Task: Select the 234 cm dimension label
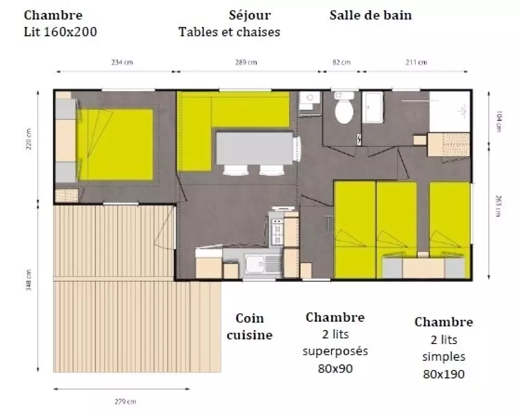[122, 63]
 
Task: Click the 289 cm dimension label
[246, 63]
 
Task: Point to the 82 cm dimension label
[341, 63]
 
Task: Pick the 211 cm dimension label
[416, 63]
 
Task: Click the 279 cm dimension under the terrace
[122, 401]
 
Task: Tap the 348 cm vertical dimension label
[29, 280]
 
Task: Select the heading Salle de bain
[371, 15]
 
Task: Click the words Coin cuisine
[250, 326]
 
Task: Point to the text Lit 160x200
[61, 32]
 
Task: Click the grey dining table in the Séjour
[254, 148]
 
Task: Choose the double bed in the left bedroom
[115, 144]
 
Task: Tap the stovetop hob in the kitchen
[277, 231]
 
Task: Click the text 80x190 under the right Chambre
[444, 374]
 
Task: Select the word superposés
[335, 351]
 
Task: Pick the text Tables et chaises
[229, 32]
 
